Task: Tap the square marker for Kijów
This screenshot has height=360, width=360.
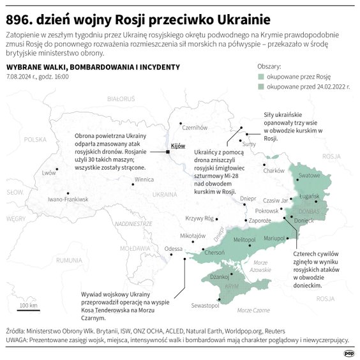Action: coord(168,152)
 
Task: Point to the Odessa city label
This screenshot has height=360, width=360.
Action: coord(174,249)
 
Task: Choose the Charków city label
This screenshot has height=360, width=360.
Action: coord(273,170)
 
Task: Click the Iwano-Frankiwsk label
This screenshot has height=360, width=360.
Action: coord(68,200)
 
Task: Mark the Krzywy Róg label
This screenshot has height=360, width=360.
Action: coord(199,218)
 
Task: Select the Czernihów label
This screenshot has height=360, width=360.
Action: coord(196,127)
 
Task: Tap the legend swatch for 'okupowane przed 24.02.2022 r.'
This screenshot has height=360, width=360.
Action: coord(262,85)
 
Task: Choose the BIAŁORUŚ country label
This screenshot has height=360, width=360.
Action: coord(122,100)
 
